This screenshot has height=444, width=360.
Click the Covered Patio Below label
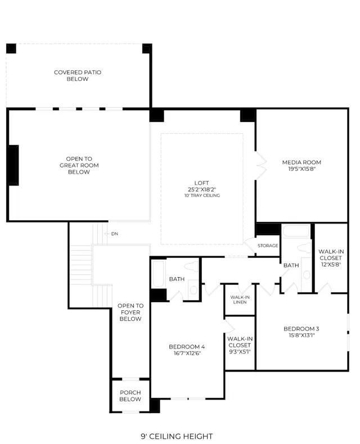pos(78,76)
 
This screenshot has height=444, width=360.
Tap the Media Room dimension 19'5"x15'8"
pos(301,169)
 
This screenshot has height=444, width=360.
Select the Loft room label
pos(202,183)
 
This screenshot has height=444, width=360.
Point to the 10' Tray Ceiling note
pos(202,196)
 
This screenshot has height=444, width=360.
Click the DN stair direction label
pos(115,234)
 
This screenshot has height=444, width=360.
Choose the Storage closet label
pos(268,246)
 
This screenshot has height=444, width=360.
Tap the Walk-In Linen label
pos(240,300)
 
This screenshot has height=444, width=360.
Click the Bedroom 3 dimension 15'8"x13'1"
pos(301,336)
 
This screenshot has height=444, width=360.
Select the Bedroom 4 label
pos(187,347)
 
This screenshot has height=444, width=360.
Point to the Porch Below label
pos(130,396)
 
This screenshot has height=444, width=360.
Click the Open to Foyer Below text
pos(130,312)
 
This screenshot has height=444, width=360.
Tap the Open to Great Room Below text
pos(79,165)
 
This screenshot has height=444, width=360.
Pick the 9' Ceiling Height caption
pos(177,436)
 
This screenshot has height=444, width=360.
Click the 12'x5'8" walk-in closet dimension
pos(331,265)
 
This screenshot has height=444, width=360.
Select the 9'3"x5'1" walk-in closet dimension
pos(240,352)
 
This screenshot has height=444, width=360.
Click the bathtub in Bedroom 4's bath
pos(158,274)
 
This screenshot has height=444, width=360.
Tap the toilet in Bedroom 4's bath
pos(192,266)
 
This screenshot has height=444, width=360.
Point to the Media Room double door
pos(260,165)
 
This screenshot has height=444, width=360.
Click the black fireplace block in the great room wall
pos(13,165)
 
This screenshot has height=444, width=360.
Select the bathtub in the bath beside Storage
pos(296,231)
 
